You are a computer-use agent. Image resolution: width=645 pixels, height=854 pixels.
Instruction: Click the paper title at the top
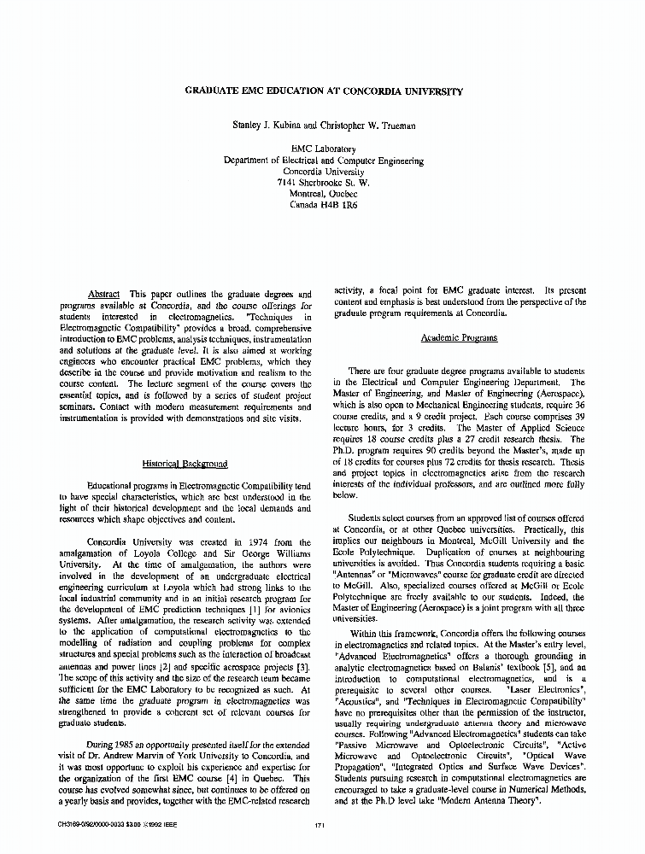pyautogui.click(x=323, y=91)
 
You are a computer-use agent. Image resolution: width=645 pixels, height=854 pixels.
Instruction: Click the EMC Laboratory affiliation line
pyautogui.click(x=323, y=149)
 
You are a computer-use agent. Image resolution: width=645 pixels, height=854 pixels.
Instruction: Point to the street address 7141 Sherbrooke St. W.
pyautogui.click(x=323, y=183)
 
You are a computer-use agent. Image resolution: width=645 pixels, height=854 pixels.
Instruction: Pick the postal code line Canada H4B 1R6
pyautogui.click(x=323, y=205)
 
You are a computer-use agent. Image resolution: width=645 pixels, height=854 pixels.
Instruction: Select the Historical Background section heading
pyautogui.click(x=185, y=464)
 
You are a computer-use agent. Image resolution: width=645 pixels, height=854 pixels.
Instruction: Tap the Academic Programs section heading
pyautogui.click(x=459, y=338)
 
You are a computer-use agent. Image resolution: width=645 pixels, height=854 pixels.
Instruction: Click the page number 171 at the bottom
pyautogui.click(x=320, y=825)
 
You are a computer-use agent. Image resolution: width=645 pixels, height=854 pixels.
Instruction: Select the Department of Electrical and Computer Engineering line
pyautogui.click(x=323, y=161)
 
